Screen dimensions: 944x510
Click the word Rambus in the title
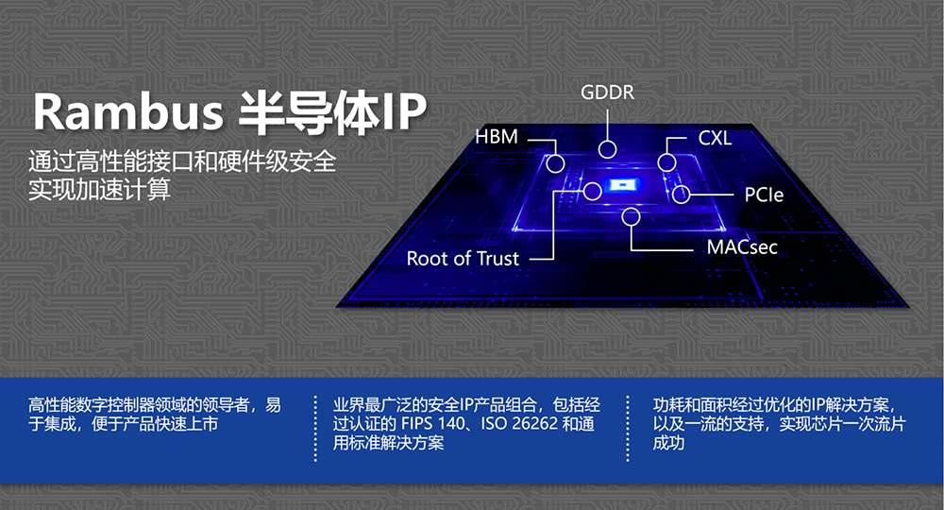tap(127, 112)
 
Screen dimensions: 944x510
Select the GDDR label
tap(607, 93)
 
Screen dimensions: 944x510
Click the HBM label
tap(497, 137)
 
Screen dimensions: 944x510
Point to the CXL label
tap(716, 139)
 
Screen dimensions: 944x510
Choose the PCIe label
tap(764, 195)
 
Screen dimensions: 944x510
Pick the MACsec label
tap(742, 247)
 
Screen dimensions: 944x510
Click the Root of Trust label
tap(463, 259)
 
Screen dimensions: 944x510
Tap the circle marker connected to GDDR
tap(607, 148)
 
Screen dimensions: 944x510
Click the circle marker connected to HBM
tap(555, 163)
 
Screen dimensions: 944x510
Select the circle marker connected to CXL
tap(666, 161)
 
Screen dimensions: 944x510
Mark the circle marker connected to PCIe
tap(681, 195)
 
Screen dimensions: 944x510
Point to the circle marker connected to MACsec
tap(631, 216)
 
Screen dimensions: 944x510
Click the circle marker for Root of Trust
tap(593, 192)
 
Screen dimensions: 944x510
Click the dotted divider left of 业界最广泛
tap(315, 429)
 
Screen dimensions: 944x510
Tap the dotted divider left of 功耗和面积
tap(628, 429)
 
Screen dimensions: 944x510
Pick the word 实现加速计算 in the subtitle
tap(99, 190)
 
